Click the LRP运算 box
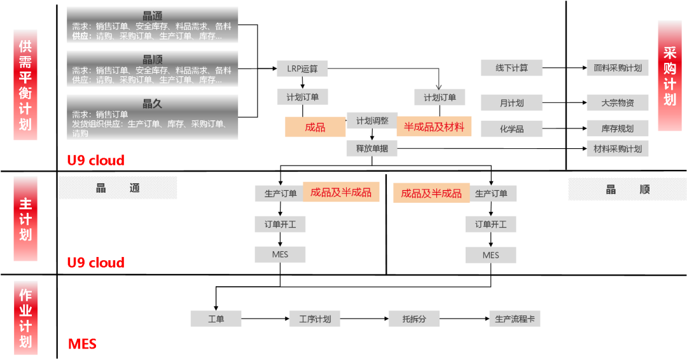302,68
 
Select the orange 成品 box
315,127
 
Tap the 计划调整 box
372,121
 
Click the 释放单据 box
372,149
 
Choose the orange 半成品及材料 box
434,127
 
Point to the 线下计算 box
511,67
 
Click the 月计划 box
511,103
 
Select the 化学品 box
511,128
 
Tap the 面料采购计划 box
617,68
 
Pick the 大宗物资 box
617,102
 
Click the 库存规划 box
617,128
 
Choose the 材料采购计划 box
617,149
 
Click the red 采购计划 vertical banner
670,76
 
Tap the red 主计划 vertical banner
25,219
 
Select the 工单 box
216,319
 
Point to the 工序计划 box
315,319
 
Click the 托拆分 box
414,319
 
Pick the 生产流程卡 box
515,319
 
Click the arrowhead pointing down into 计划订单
439,87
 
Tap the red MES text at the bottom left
82,344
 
